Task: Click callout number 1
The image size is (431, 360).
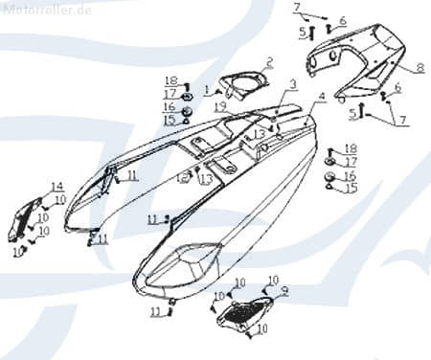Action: [205, 90]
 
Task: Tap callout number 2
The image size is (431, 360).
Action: [270, 63]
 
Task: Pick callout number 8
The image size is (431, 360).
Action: [420, 67]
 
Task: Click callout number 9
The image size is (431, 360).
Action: [284, 289]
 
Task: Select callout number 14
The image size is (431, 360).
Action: [57, 187]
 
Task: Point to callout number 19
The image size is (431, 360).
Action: [220, 105]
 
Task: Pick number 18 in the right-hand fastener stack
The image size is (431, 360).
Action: [351, 148]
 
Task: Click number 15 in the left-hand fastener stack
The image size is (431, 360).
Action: [169, 120]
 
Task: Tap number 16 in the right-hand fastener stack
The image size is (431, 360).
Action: [350, 176]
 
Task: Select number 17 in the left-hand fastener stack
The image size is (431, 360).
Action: [169, 94]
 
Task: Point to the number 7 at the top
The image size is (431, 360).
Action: [297, 8]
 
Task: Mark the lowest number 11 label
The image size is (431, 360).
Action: [155, 312]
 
